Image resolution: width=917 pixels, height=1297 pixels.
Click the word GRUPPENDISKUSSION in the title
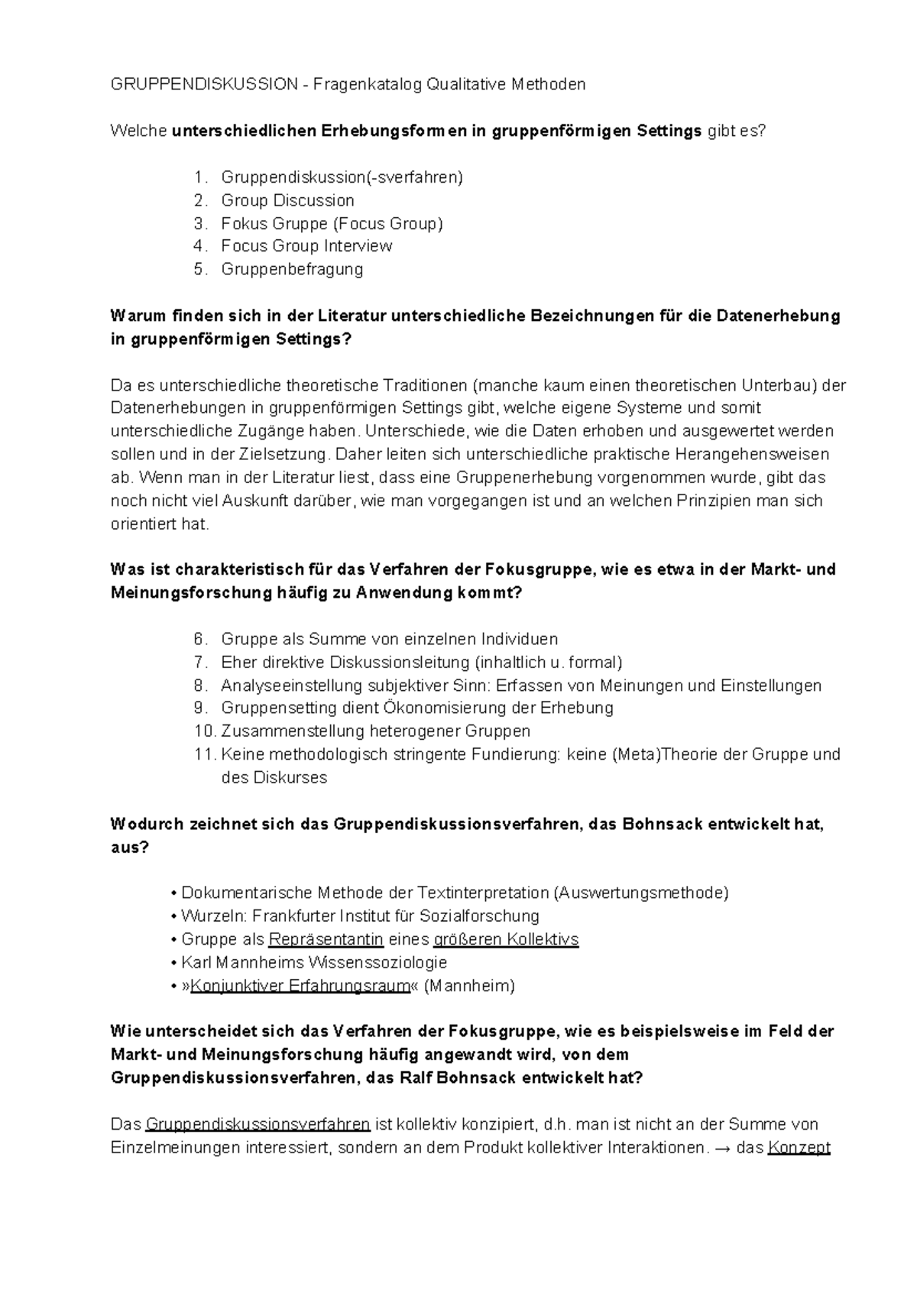point(204,85)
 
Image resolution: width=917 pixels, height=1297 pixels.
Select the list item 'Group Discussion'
point(287,200)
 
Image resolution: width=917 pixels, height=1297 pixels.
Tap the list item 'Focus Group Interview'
point(306,246)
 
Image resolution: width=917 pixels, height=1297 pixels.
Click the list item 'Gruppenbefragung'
point(292,269)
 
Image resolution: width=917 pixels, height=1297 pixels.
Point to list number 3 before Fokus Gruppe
point(200,224)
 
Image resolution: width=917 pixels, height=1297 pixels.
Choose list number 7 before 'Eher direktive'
point(200,662)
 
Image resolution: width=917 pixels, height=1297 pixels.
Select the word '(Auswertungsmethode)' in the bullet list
point(640,893)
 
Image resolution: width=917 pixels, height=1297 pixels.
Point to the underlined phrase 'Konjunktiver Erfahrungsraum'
point(300,986)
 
